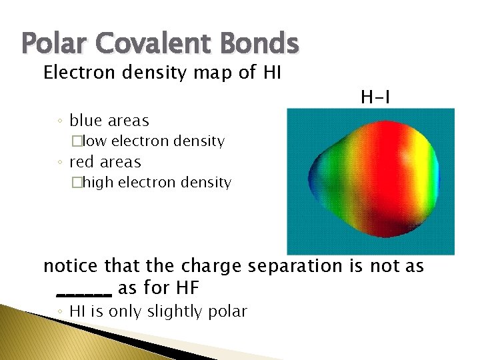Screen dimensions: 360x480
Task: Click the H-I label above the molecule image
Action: pos(375,99)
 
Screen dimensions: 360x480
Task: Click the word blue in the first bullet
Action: pos(85,121)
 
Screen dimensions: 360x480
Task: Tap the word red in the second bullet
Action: pos(83,162)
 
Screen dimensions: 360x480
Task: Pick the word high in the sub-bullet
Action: pos(98,183)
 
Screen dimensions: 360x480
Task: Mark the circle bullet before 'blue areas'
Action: pos(60,121)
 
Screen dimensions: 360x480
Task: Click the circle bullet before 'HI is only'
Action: pos(60,311)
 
